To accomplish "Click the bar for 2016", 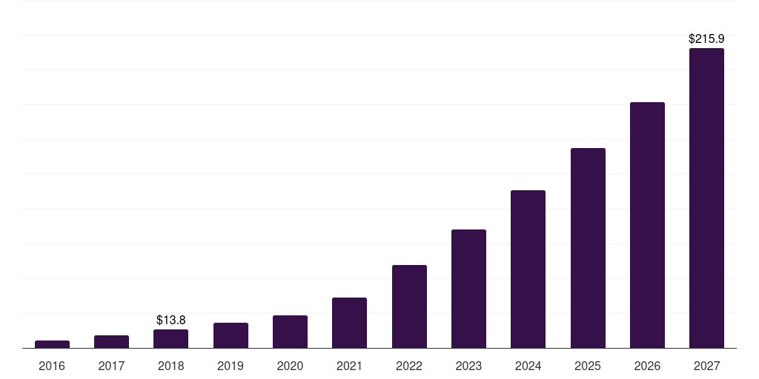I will click(52, 344).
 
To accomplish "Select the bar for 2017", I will click(111, 341).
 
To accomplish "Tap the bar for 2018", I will click(170, 338).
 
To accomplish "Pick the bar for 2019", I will click(231, 335).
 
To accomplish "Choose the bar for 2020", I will click(290, 332).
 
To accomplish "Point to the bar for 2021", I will click(349, 323).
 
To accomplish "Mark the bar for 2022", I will click(409, 306).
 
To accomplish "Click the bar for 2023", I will click(468, 289).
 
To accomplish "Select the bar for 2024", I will click(528, 269).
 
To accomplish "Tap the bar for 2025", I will click(588, 248).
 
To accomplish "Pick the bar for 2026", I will click(647, 225).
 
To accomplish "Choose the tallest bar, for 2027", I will click(706, 198).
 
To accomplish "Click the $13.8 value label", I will click(170, 320).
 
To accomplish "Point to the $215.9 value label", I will click(706, 38).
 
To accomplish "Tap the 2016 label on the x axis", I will click(52, 366).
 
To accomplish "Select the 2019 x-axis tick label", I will click(231, 366).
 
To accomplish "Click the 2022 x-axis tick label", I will click(409, 366).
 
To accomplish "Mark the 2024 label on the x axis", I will click(528, 366).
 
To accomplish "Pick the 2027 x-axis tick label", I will click(706, 366).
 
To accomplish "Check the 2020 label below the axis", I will click(290, 366).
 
